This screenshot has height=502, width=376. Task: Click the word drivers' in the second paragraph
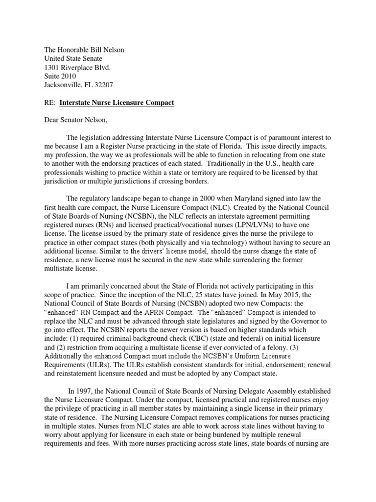159,251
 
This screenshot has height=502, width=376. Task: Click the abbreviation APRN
164,313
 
